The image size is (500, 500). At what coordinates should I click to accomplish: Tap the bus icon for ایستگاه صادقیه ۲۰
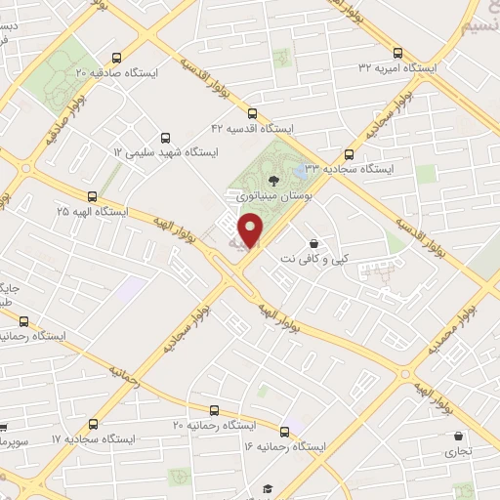[116, 57]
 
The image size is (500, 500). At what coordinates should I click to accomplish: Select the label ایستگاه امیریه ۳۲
[396, 67]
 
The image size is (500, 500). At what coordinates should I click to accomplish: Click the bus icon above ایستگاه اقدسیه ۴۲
[253, 112]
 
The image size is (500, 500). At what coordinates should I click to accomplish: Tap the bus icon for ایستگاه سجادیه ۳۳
[350, 153]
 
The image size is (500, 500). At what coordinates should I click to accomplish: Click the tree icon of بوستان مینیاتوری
[272, 180]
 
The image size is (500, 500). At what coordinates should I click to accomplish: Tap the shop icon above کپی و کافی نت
[312, 243]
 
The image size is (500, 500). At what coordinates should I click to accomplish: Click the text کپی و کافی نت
[313, 259]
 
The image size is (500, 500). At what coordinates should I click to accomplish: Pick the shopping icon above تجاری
[457, 437]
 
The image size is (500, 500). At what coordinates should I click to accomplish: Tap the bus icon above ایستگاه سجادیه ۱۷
[93, 424]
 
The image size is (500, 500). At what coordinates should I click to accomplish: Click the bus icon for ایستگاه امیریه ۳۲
[396, 53]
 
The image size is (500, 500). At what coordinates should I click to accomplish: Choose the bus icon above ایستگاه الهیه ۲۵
[92, 196]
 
